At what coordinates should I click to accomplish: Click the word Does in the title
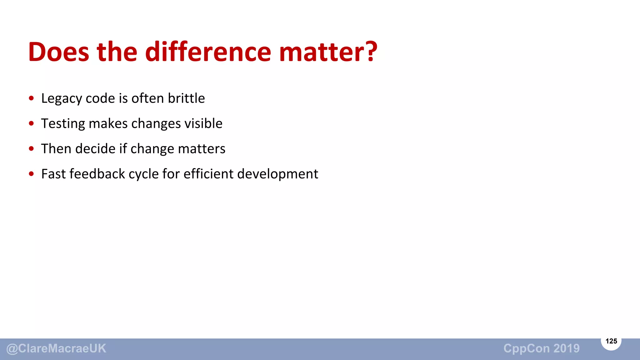pos(58,52)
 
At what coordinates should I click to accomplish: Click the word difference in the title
pos(208,52)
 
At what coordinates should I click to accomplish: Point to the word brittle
pos(186,98)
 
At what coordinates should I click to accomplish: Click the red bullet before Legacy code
pos(31,98)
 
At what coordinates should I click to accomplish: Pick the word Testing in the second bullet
pos(63,124)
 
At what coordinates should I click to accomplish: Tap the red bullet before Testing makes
pos(31,123)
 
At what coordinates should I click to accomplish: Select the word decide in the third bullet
pos(95,148)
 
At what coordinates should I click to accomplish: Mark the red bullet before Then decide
pos(31,149)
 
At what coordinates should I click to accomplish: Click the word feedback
pos(97,174)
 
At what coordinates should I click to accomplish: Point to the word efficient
pos(208,174)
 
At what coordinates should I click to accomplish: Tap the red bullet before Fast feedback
pos(31,174)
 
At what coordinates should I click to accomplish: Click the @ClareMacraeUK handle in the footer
pos(56,349)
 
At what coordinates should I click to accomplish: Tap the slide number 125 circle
pos(611,341)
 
